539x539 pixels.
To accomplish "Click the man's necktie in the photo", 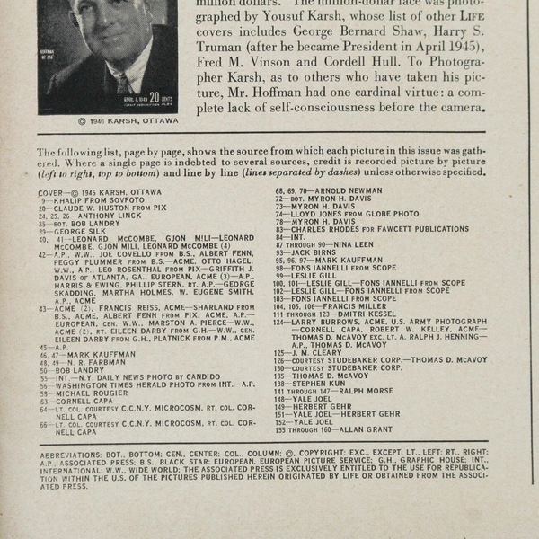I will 123,85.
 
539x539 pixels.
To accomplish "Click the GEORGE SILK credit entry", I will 81,231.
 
